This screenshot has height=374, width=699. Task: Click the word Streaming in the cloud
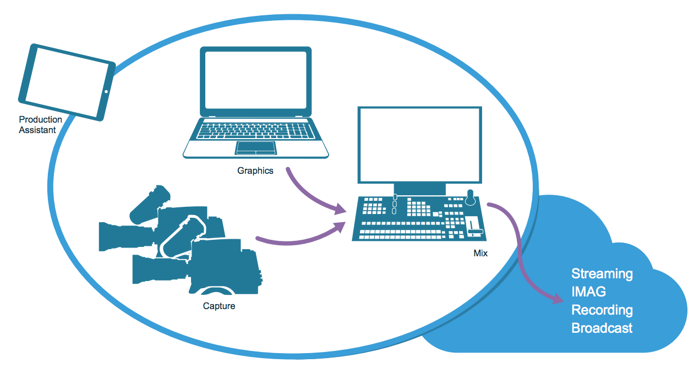(x=602, y=274)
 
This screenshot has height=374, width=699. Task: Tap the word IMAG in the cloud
(x=589, y=292)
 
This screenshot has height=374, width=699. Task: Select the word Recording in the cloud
(x=602, y=310)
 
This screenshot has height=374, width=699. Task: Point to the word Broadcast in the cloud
(x=602, y=328)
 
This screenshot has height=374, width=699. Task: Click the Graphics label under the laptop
(x=255, y=170)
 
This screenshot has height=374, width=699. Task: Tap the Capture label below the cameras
(x=219, y=306)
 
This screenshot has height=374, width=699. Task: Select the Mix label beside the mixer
(x=480, y=254)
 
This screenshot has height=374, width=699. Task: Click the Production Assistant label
(x=40, y=125)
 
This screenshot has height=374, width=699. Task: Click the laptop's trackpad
(x=255, y=147)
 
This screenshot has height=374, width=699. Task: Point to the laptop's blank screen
(x=255, y=80)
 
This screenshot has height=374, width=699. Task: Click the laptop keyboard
(x=255, y=131)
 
